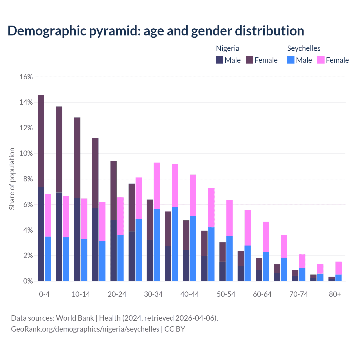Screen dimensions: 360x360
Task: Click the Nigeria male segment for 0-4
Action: pyautogui.click(x=41, y=234)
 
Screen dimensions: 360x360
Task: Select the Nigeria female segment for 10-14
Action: pyautogui.click(x=77, y=157)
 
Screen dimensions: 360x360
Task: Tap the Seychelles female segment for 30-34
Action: pyautogui.click(x=157, y=186)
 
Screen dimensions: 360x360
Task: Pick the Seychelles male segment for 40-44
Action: pyautogui.click(x=193, y=248)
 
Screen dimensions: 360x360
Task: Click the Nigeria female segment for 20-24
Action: pyautogui.click(x=113, y=190)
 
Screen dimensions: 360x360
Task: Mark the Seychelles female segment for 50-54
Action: pyautogui.click(x=229, y=218)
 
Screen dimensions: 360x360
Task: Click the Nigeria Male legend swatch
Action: pyautogui.click(x=220, y=60)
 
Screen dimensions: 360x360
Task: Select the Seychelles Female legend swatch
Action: pyautogui.click(x=321, y=60)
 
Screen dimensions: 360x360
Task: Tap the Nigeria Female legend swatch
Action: pyautogui.click(x=249, y=60)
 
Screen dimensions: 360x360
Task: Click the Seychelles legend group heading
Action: pyautogui.click(x=303, y=48)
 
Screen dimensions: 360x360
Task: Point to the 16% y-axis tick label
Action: pyautogui.click(x=26, y=77)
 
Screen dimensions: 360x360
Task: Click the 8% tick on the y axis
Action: pyautogui.click(x=28, y=179)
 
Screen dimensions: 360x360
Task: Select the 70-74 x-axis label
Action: pyautogui.click(x=298, y=294)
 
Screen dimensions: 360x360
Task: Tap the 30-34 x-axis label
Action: pyautogui.click(x=153, y=294)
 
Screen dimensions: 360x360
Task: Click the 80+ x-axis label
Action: pyautogui.click(x=335, y=294)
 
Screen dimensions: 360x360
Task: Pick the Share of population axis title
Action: pyautogui.click(x=12, y=179)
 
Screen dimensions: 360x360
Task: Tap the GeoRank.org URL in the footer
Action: pyautogui.click(x=85, y=329)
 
